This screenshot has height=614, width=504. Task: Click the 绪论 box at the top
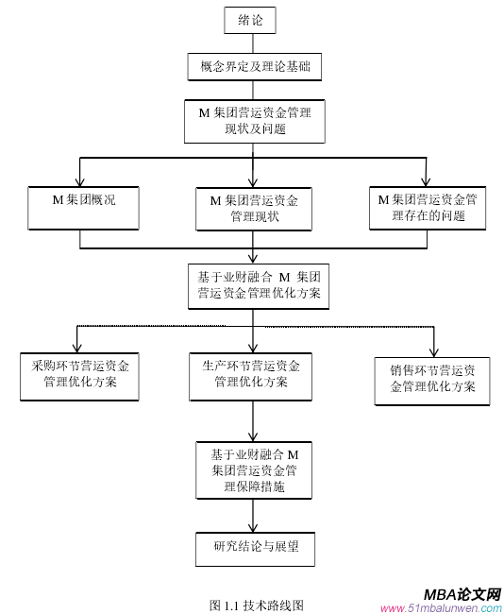(251, 20)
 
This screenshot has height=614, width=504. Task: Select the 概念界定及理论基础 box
(251, 66)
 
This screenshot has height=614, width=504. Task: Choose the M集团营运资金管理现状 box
(253, 208)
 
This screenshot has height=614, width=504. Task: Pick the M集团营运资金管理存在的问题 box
(427, 207)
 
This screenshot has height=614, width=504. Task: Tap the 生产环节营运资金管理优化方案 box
(251, 374)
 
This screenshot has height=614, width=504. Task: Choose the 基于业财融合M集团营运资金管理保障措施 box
(252, 469)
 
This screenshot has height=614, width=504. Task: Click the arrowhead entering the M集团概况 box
(80, 179)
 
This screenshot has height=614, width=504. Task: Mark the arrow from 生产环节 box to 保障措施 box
(252, 420)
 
